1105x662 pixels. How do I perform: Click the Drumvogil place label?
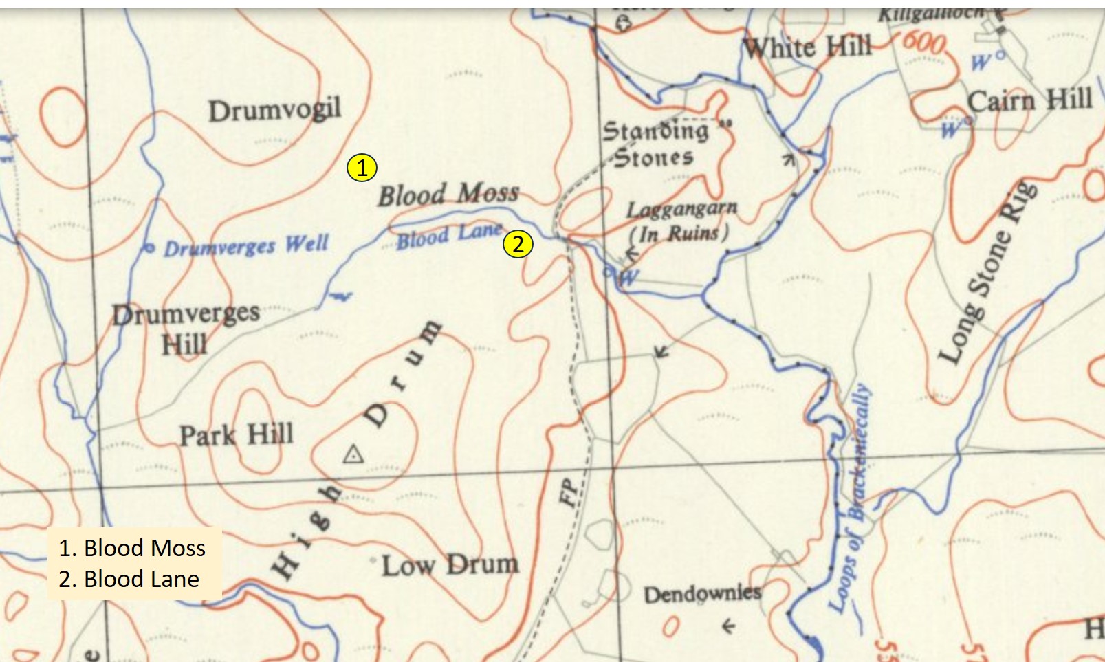275,110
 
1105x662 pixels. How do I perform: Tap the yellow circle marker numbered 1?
362,168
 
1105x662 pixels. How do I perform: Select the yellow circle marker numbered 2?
518,243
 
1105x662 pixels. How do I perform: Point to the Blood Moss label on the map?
448,195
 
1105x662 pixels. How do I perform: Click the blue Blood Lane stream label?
449,236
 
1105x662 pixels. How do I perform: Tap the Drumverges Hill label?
186,329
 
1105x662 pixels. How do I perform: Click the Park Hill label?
237,435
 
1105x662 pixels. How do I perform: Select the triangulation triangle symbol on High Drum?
353,454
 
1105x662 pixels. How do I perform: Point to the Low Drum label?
450,566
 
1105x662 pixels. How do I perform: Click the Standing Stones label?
655,144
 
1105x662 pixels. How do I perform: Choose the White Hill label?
807,47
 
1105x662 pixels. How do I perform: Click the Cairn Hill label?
1029,100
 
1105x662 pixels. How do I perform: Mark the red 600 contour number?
923,42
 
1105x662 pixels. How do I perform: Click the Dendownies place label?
702,593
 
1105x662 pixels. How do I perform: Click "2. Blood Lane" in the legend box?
129,579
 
